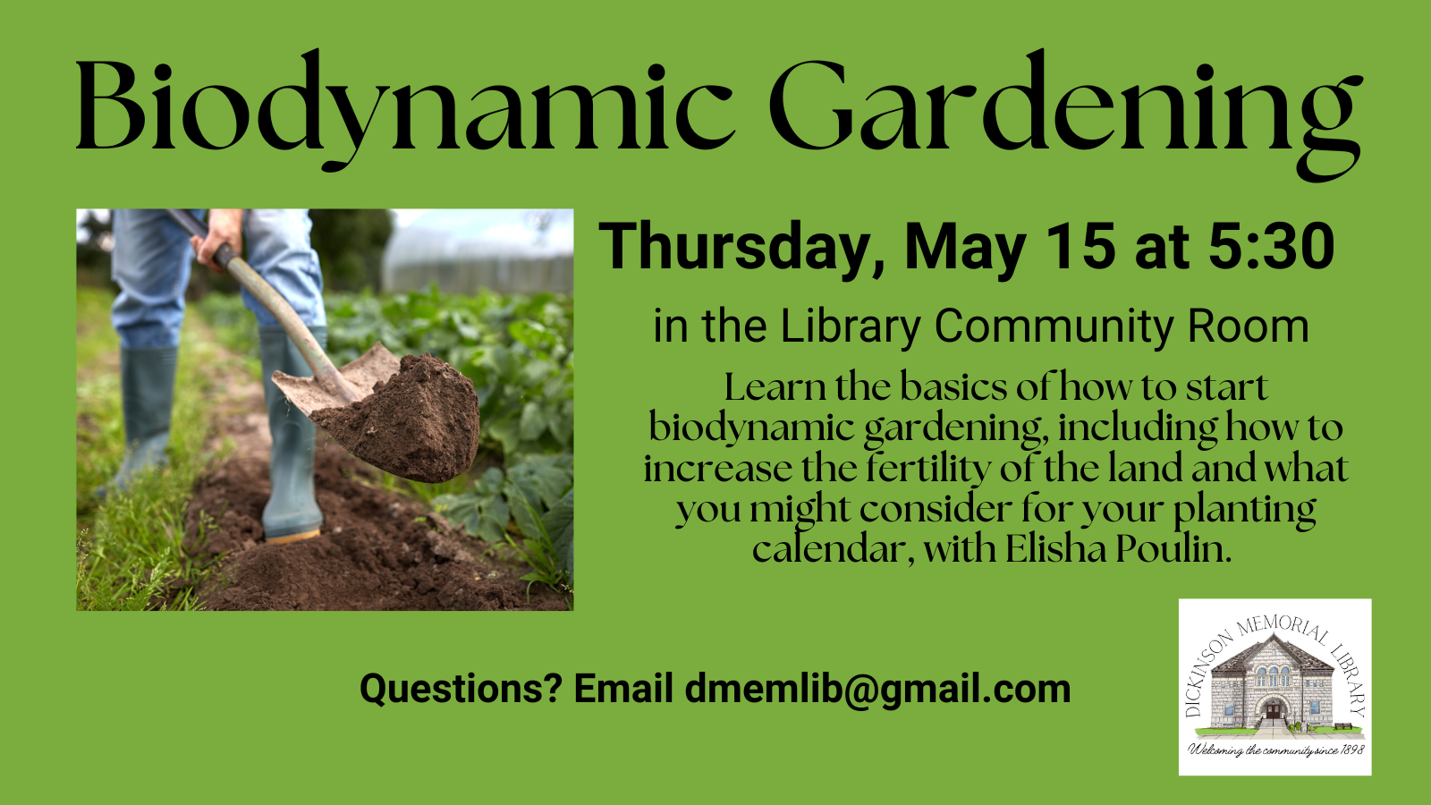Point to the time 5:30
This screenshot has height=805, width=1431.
pos(1271,246)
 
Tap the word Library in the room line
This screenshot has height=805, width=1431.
pos(851,327)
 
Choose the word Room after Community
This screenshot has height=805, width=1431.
pos(1248,326)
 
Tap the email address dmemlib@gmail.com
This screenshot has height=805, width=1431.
pos(877,689)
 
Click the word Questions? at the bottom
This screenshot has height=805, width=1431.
pos(461,689)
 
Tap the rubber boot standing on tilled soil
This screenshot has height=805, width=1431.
pos(290,435)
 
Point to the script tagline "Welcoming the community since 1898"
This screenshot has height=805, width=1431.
pos(1275,750)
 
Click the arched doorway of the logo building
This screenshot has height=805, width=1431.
pos(1274,709)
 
